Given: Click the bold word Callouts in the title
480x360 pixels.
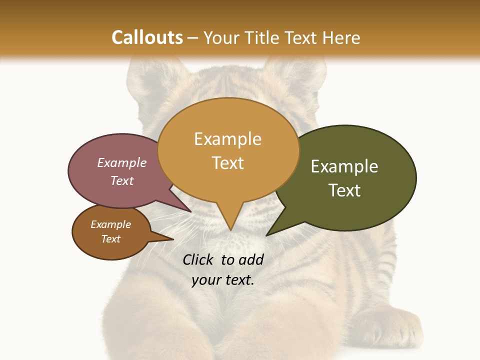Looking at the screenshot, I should point(147,37).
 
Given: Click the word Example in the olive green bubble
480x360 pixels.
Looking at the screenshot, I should point(344,166).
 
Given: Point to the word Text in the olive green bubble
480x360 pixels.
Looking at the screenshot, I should point(344,190).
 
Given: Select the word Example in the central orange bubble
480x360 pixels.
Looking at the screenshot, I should point(227,139).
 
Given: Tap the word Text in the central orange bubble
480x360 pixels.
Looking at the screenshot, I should point(228,163).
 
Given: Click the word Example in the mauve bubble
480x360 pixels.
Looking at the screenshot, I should point(122,162).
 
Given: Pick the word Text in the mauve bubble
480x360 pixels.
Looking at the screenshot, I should point(122,180).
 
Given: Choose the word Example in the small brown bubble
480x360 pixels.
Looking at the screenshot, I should point(110,224).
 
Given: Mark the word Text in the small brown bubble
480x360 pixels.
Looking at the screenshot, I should point(110,239).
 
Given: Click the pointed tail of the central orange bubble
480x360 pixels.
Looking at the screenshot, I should point(230,227).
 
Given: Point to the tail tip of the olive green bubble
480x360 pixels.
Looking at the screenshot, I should point(267,234).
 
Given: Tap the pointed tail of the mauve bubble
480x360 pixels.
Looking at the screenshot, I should point(189,210).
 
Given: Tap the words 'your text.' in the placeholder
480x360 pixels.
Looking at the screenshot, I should point(223,280).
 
